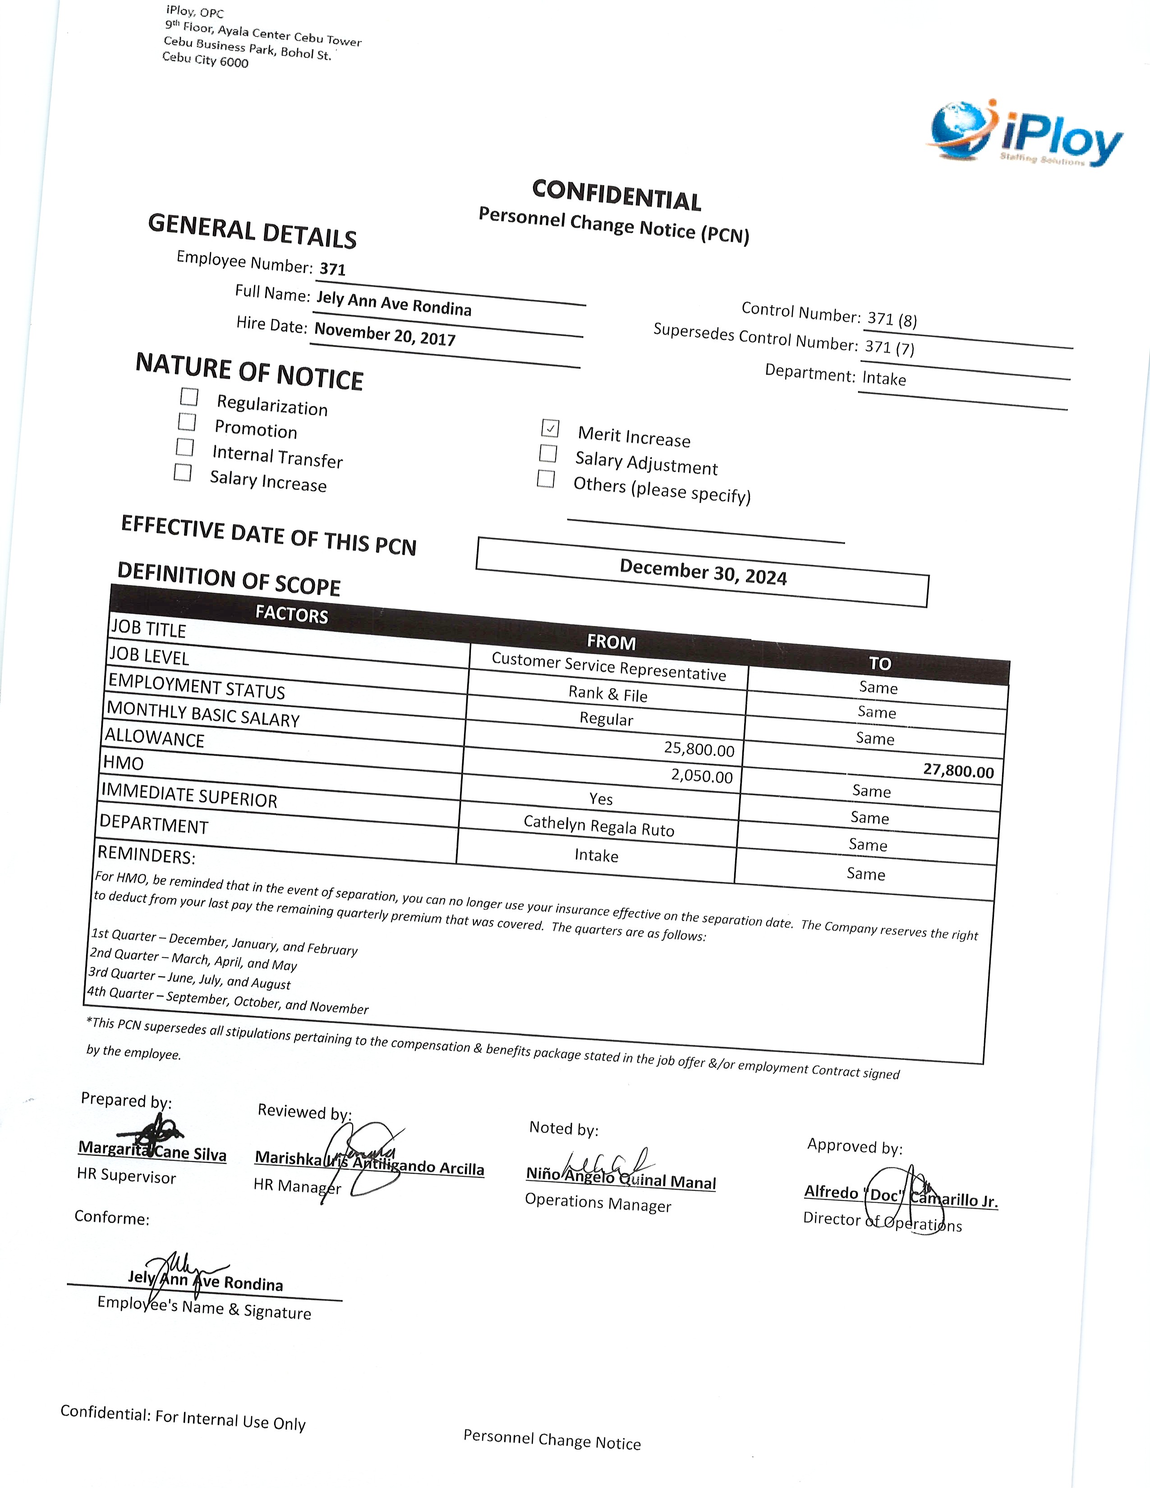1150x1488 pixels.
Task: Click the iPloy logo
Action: pyautogui.click(x=1026, y=135)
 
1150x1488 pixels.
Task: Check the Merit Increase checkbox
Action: pyautogui.click(x=550, y=428)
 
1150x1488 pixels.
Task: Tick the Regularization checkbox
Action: pyautogui.click(x=189, y=396)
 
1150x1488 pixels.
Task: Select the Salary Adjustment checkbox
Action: pyautogui.click(x=548, y=453)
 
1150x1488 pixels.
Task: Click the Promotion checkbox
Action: pyautogui.click(x=187, y=422)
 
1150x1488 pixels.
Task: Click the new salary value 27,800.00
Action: pyautogui.click(x=958, y=771)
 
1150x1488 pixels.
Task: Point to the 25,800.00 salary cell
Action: pyautogui.click(x=699, y=749)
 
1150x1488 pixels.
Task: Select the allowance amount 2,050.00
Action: pyautogui.click(x=702, y=776)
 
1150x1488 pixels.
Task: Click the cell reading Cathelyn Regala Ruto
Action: pyautogui.click(x=599, y=826)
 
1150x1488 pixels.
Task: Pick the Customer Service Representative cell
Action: pyautogui.click(x=608, y=666)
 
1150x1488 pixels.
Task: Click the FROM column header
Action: pyautogui.click(x=611, y=642)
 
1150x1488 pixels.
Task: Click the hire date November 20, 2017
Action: pyautogui.click(x=385, y=335)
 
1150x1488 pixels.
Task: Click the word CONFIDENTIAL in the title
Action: pyautogui.click(x=616, y=196)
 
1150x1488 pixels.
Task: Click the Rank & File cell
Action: pyautogui.click(x=608, y=693)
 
